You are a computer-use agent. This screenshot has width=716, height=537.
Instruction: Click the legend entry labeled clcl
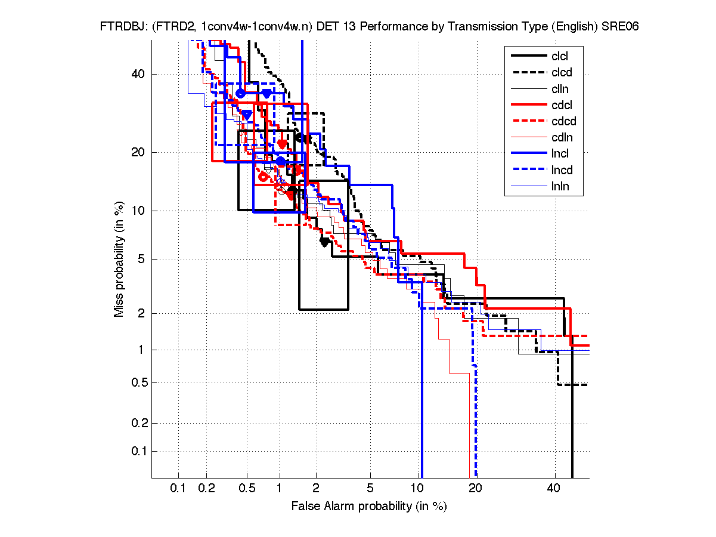[560, 55]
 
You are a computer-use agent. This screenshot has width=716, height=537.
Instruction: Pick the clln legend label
[560, 89]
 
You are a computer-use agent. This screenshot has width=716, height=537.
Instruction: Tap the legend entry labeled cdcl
[561, 106]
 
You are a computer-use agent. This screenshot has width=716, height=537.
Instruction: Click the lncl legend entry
[560, 154]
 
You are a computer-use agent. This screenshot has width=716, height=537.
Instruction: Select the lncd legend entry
[561, 170]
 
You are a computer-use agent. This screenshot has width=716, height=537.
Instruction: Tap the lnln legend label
[560, 186]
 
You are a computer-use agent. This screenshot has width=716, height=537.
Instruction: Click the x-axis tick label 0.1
[178, 489]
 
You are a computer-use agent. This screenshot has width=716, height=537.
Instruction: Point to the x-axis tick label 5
[370, 489]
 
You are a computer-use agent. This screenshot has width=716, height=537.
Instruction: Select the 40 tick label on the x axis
[554, 489]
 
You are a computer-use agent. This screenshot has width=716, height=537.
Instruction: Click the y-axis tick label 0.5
[138, 382]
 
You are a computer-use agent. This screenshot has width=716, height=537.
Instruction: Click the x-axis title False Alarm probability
[369, 507]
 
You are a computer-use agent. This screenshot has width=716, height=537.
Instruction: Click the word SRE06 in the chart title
[619, 27]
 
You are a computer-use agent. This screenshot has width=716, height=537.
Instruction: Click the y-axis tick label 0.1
[138, 451]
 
